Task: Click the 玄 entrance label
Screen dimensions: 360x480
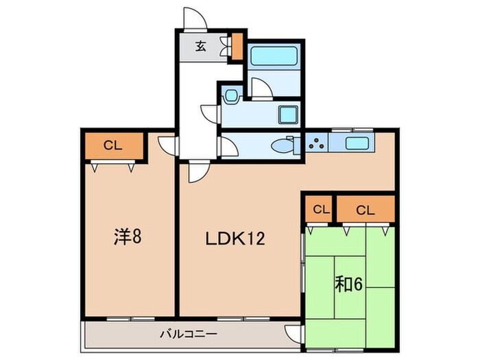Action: [x=201, y=47]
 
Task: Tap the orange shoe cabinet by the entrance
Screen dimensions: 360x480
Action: [x=237, y=47]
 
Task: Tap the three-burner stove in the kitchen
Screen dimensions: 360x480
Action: [x=317, y=144]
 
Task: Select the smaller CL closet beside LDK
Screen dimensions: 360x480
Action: [x=318, y=208]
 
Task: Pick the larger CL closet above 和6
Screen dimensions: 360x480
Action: [x=365, y=208]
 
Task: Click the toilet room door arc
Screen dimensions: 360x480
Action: [x=228, y=146]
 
